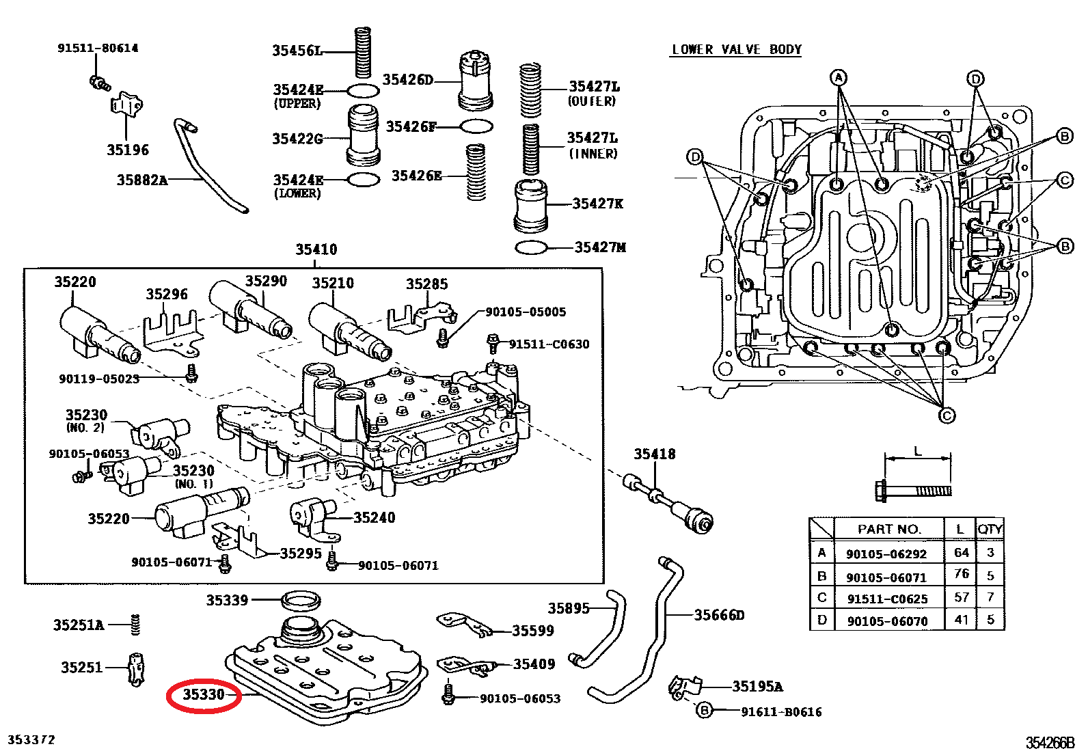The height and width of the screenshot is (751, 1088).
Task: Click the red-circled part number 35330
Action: pyautogui.click(x=204, y=695)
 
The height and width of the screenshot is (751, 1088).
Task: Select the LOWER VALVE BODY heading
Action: pyautogui.click(x=736, y=49)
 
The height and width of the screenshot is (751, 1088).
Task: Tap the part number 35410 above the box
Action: pyautogui.click(x=316, y=249)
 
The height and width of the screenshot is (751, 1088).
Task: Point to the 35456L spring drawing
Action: pyautogui.click(x=363, y=53)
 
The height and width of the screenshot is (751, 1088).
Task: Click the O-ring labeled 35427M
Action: pyautogui.click(x=530, y=247)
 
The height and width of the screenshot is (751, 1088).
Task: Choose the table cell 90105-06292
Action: pyautogui.click(x=886, y=554)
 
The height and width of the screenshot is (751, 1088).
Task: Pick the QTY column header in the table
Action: pyautogui.click(x=990, y=529)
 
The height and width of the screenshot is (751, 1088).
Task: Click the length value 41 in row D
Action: pyautogui.click(x=962, y=620)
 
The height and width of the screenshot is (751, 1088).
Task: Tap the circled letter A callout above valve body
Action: pyautogui.click(x=839, y=78)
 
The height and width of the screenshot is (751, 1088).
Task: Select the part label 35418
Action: pyautogui.click(x=654, y=454)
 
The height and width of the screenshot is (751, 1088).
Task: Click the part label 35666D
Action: pyautogui.click(x=719, y=615)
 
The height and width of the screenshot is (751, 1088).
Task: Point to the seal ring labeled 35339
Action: pyautogui.click(x=301, y=601)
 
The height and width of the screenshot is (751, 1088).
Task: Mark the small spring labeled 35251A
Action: pyautogui.click(x=135, y=624)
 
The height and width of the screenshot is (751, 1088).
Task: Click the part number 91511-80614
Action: pyautogui.click(x=98, y=48)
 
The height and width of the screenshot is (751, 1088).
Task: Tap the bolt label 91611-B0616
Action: pyautogui.click(x=781, y=712)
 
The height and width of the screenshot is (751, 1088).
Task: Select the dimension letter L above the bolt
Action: pyautogui.click(x=918, y=452)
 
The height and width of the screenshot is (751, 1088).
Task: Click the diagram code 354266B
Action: pyautogui.click(x=1050, y=743)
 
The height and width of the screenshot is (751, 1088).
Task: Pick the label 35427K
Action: pyautogui.click(x=597, y=204)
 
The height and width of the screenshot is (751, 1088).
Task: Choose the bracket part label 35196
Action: pyautogui.click(x=127, y=150)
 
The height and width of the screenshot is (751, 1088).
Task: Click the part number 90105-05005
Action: pyautogui.click(x=526, y=312)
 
